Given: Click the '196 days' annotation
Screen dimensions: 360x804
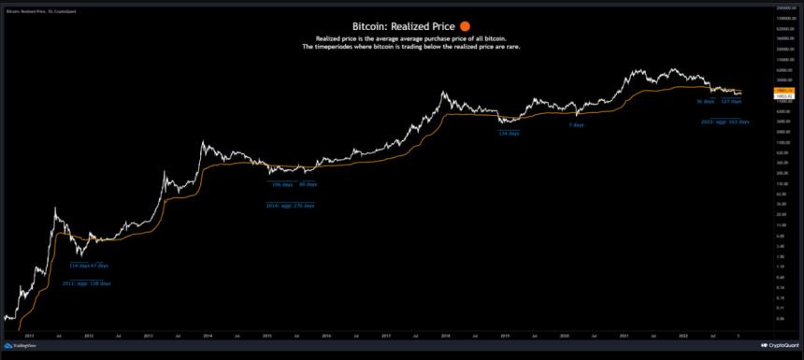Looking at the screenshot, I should click(x=280, y=184).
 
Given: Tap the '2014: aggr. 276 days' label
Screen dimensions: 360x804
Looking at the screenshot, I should click(x=290, y=205).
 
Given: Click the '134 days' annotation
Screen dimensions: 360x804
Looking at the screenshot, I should click(x=509, y=134).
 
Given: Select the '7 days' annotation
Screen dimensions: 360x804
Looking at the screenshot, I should click(x=577, y=124).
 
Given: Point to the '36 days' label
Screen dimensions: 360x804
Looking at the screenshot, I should click(x=706, y=101).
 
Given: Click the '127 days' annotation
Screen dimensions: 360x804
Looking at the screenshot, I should click(x=730, y=101).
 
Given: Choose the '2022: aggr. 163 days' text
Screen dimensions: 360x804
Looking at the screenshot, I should click(x=725, y=122).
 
